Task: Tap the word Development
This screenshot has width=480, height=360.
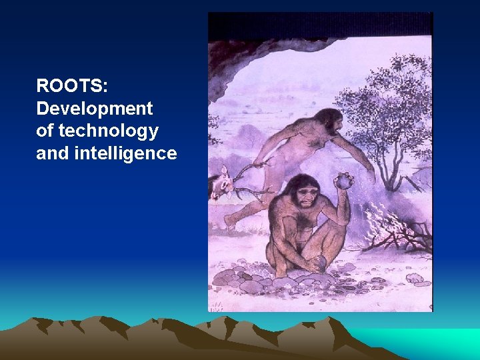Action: point(94,108)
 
